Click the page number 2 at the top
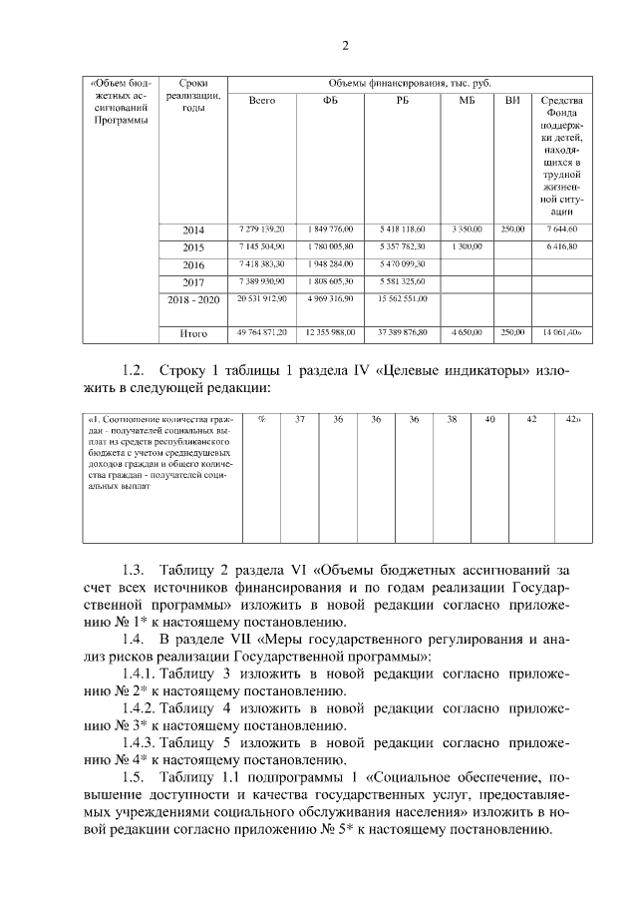pyautogui.click(x=345, y=45)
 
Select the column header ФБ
pyautogui.click(x=332, y=101)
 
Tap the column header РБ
pyautogui.click(x=402, y=101)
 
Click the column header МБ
pyautogui.click(x=467, y=101)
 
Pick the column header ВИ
pyautogui.click(x=512, y=101)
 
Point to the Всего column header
pyautogui.click(x=262, y=101)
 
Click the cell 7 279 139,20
pyautogui.click(x=262, y=229)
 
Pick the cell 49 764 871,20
pyautogui.click(x=262, y=332)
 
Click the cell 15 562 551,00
pyautogui.click(x=402, y=298)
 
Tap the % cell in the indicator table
pyautogui.click(x=261, y=420)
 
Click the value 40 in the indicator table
pyautogui.click(x=489, y=420)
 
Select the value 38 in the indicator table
pyautogui.click(x=452, y=420)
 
